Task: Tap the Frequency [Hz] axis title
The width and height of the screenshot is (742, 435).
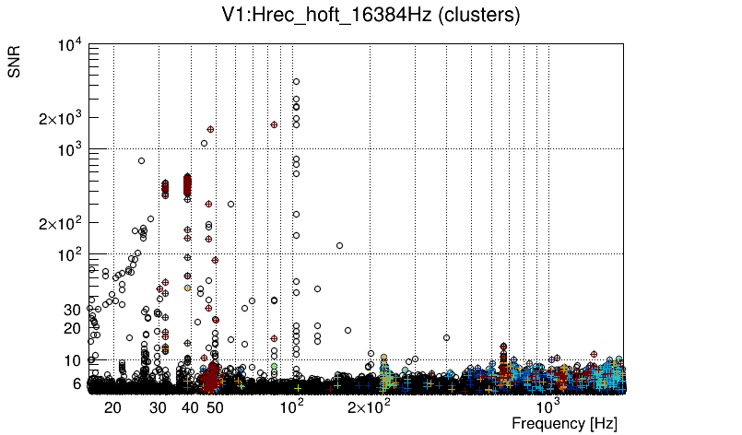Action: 564,423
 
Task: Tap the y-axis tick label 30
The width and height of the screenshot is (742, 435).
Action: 73,310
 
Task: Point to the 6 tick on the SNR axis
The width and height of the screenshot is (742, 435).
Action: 77,383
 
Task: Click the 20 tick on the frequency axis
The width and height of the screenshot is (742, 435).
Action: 112,407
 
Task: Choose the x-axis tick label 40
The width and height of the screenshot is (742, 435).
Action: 190,407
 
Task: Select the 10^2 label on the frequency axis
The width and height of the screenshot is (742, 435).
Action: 292,406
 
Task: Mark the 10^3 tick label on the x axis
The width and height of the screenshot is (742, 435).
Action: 548,406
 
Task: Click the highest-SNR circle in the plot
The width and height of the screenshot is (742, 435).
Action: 296,81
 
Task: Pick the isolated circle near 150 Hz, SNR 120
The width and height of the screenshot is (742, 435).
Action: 340,246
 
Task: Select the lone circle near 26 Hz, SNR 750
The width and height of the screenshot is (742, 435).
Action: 142,161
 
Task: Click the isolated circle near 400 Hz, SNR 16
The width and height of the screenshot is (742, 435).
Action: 447,337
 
